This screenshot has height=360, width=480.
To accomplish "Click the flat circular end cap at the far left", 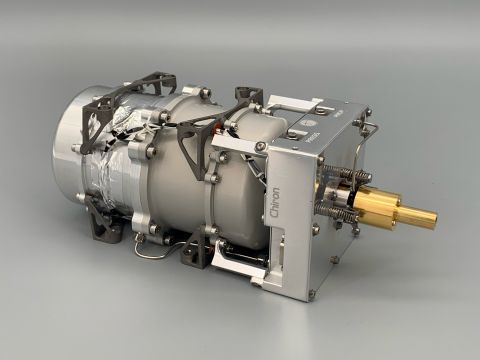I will coord(75,140).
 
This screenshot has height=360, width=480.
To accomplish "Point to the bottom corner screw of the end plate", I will coord(312,293).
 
